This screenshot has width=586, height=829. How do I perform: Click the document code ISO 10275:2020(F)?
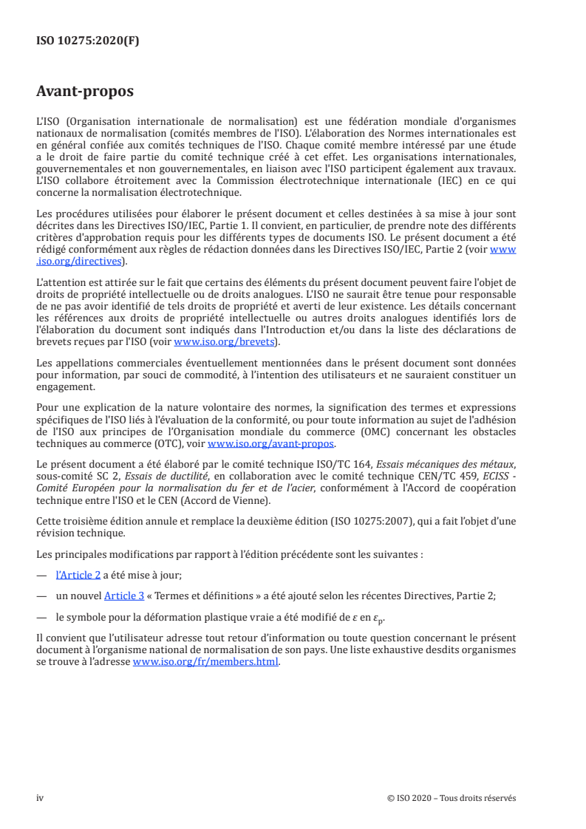tap(88, 41)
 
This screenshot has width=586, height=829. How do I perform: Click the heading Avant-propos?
tap(85, 92)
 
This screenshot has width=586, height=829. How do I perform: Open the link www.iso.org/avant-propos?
tap(271, 443)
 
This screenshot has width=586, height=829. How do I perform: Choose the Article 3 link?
tap(129, 593)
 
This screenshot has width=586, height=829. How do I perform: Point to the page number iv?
tap(40, 798)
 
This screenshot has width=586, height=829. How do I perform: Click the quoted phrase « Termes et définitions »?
tap(205, 593)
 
